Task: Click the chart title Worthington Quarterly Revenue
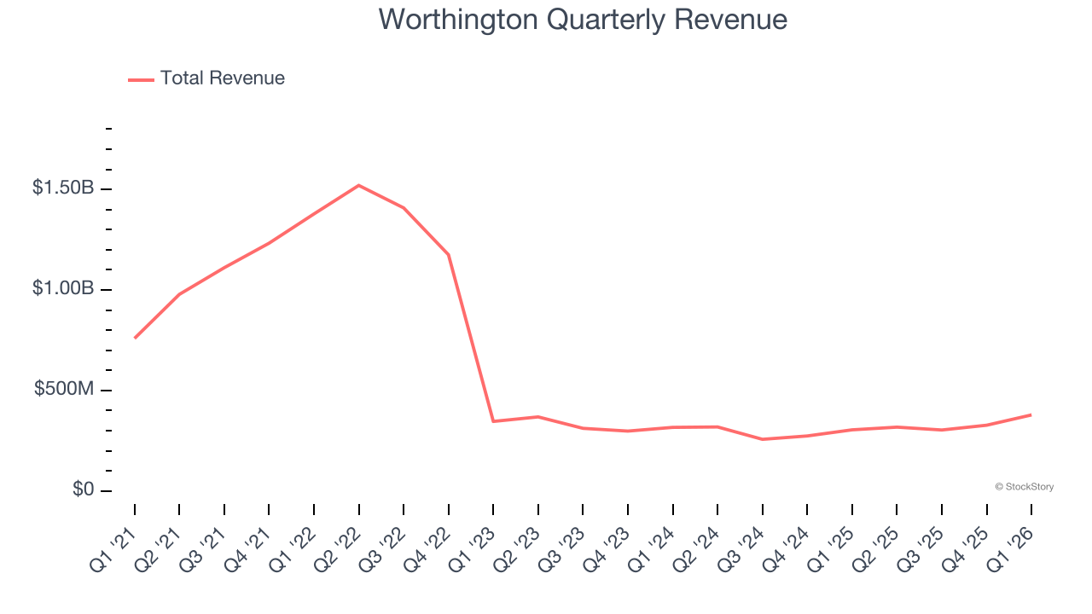(x=583, y=19)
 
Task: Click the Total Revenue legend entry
(x=206, y=78)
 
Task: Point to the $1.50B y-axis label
(x=63, y=188)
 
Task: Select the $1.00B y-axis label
(x=63, y=289)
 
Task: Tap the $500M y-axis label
(x=64, y=390)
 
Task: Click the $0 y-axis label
(x=84, y=490)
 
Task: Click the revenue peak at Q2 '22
(x=358, y=185)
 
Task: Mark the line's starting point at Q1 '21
(x=135, y=338)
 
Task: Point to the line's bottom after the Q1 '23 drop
(x=493, y=421)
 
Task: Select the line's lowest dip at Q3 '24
(x=762, y=439)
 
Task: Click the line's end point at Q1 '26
(x=1031, y=414)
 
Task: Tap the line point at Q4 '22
(x=449, y=254)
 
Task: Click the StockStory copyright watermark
(x=1024, y=487)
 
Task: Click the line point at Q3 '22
(x=404, y=207)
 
